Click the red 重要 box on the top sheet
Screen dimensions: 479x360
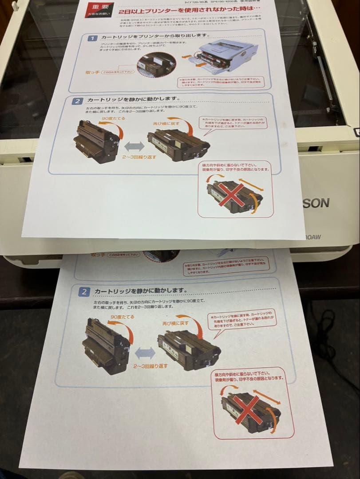coord(100,10)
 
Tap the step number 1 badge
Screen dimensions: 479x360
coord(92,39)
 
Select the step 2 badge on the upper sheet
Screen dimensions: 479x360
coord(77,101)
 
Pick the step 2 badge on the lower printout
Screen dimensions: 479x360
coord(84,292)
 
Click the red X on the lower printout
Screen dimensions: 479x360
coord(248,408)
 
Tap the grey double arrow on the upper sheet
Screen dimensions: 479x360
coord(134,146)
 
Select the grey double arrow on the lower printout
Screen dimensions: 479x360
coord(145,353)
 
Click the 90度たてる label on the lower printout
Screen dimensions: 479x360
coord(122,317)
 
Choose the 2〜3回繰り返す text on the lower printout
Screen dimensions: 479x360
coord(150,366)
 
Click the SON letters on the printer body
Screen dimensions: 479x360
coord(316,203)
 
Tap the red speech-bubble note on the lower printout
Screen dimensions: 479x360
coord(242,320)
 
